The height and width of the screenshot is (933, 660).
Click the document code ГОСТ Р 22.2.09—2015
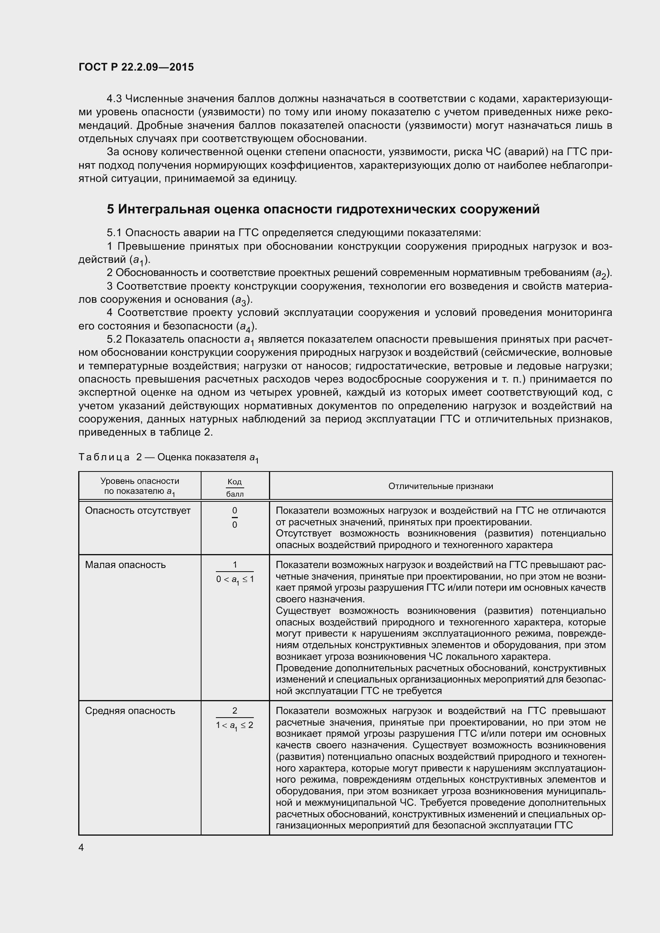pos(136,67)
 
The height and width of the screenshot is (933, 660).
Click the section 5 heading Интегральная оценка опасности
pos(323,209)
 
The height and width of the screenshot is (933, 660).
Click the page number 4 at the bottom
pos(81,848)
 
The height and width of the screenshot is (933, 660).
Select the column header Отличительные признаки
pos(441,486)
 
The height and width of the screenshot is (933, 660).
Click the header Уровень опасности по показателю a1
pos(139,486)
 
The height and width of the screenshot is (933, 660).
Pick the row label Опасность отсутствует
pos(137,511)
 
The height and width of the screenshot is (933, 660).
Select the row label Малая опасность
pos(125,564)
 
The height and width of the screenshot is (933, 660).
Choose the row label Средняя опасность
pos(130,711)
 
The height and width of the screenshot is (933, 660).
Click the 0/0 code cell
pos(235,517)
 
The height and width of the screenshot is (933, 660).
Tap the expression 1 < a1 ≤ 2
pos(235,725)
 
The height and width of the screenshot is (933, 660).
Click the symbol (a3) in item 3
pos(242,300)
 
